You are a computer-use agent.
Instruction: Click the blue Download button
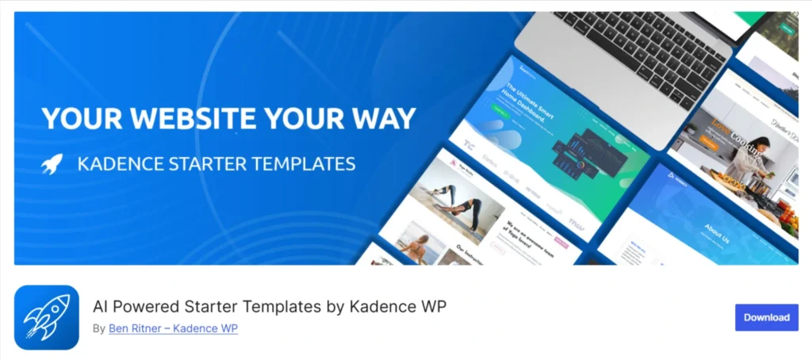coord(766,317)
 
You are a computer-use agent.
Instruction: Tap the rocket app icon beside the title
coord(47,317)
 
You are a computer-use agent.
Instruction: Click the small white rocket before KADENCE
coord(52,165)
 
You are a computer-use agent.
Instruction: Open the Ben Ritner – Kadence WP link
coord(173,328)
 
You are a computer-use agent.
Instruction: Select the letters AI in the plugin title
coord(101,306)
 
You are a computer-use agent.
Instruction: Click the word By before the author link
coord(98,328)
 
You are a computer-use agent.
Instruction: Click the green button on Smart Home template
coord(500,123)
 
